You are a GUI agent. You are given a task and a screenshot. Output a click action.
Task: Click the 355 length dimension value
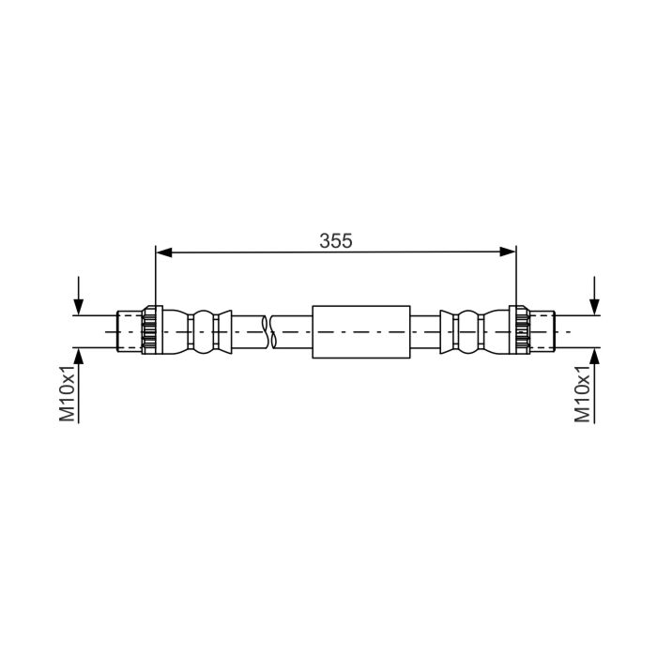pyautogui.click(x=336, y=241)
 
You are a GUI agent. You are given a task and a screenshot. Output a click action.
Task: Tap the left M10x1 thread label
pyautogui.click(x=67, y=393)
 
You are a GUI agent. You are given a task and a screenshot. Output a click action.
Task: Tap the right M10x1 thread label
pyautogui.click(x=583, y=393)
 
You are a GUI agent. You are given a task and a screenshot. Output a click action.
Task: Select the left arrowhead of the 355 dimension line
pyautogui.click(x=164, y=252)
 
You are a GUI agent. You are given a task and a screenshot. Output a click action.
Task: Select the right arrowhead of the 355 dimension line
pyautogui.click(x=508, y=252)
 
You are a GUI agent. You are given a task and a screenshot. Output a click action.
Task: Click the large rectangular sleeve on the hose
pyautogui.click(x=361, y=332)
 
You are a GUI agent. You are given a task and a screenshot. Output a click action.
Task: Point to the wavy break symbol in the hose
pyautogui.click(x=269, y=332)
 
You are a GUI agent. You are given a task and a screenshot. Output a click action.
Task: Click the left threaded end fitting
pyautogui.click(x=130, y=331)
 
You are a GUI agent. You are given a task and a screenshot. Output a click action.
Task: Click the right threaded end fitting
pyautogui.click(x=542, y=331)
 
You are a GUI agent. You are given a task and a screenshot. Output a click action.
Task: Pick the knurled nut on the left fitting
pyautogui.click(x=152, y=330)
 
